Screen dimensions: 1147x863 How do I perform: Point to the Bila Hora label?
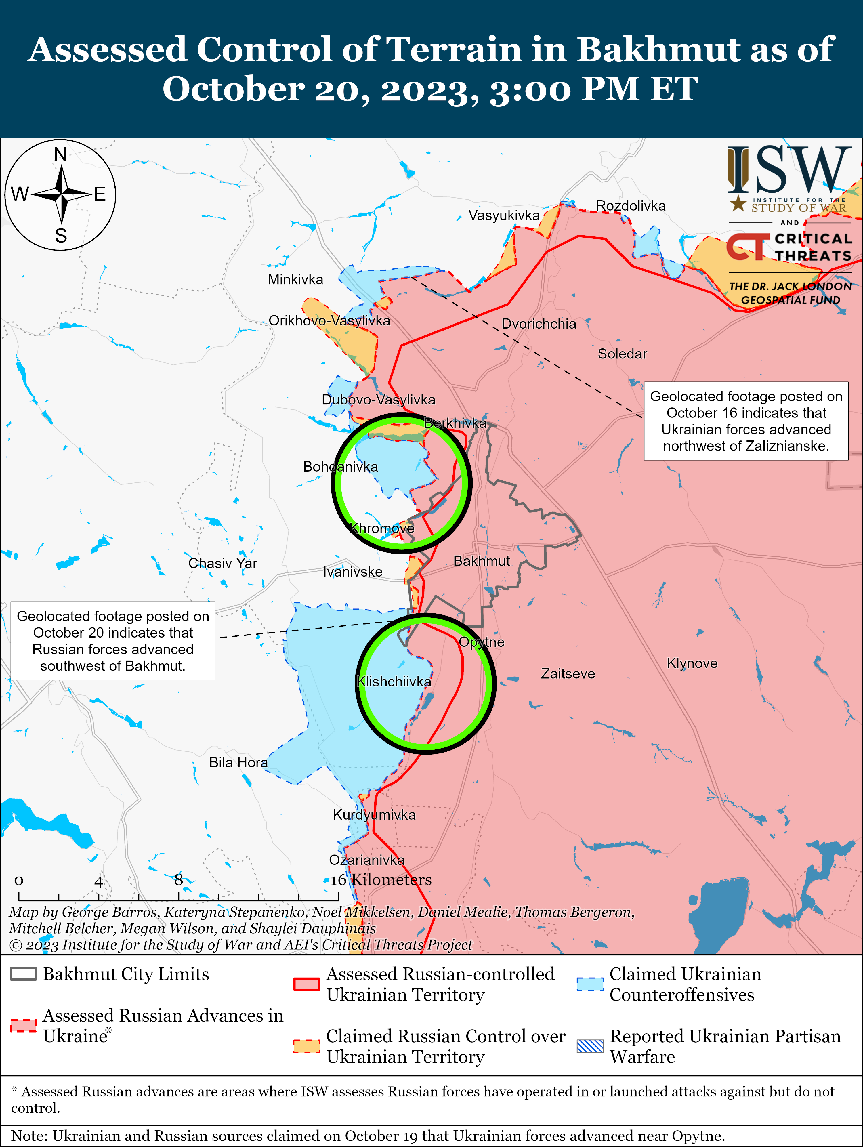coord(238,762)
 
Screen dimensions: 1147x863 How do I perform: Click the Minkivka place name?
coord(295,280)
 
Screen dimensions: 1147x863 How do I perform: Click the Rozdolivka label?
coord(630,206)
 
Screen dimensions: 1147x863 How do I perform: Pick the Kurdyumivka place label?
coord(374,815)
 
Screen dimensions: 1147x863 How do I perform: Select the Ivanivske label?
coord(353,572)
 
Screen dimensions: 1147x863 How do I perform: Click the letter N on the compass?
coord(61,154)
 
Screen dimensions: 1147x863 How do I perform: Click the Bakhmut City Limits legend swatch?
coord(23,974)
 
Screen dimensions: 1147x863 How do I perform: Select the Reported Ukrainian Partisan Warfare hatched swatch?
coord(590,1046)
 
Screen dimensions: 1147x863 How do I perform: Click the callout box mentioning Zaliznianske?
coord(746,421)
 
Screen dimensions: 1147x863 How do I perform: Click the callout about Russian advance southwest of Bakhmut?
coord(113,641)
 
